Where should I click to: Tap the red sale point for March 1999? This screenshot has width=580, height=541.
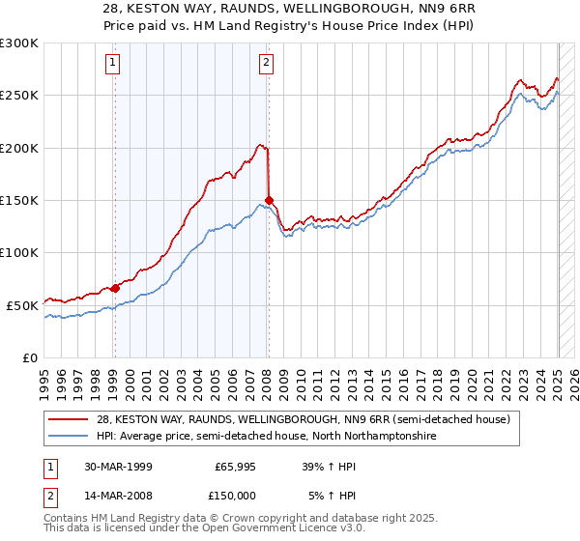[x=115, y=288]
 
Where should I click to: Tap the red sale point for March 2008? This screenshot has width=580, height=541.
[x=269, y=201]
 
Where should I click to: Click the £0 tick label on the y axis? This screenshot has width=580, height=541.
[x=29, y=357]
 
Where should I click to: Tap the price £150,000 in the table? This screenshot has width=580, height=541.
[x=236, y=497]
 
